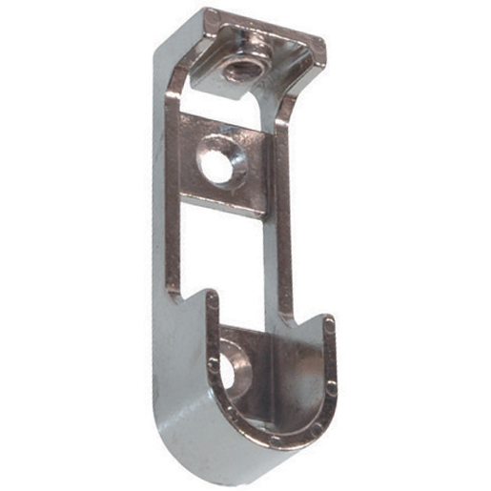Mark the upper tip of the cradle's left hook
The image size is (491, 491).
212,297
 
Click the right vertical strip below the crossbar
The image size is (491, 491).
285,267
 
